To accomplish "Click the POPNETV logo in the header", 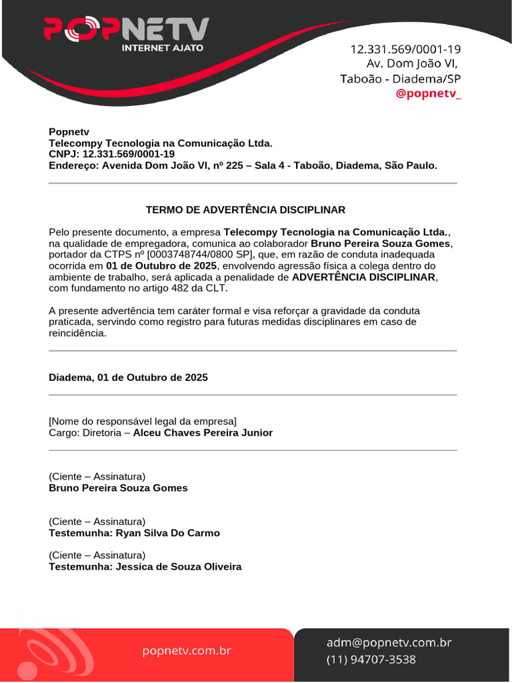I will pos(126,29).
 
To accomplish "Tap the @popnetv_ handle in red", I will pos(428,93).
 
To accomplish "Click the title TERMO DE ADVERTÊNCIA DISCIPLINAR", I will pos(245,210).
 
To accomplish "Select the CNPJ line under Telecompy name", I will pos(112,154).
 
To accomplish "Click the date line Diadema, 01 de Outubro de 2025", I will pos(128,378).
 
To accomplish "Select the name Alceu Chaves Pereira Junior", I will pos(203,433).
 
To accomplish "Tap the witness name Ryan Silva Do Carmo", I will pos(167,534).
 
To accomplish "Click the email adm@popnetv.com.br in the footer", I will pos(389,643).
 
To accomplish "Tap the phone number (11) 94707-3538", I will pos(371,660).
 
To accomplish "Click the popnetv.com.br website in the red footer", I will pos(187,650).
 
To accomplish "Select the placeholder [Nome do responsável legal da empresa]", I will pos(143,421).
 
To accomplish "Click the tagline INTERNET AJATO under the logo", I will pos(162,48).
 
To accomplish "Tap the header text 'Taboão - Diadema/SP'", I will pos(400,79).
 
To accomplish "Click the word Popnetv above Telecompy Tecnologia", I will pos(69,132).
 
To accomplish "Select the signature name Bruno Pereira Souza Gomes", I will pos(118,488).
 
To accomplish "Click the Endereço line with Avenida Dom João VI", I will pos(243,165).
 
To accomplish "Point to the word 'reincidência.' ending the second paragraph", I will pos(77,333).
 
